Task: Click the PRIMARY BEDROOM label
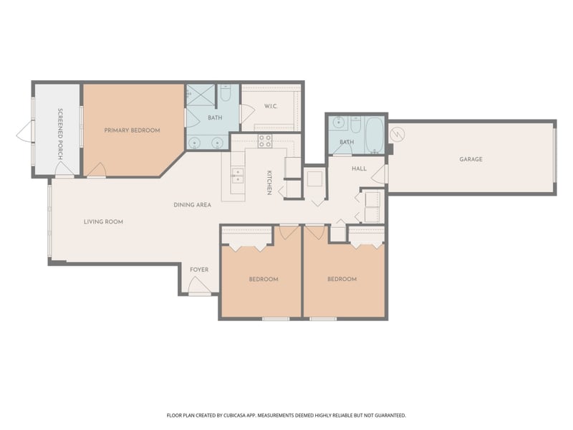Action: [132, 130]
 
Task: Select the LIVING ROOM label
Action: [103, 222]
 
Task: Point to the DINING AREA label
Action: [192, 206]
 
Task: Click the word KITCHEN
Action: [269, 183]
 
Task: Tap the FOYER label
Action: [199, 270]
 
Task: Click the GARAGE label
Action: [471, 159]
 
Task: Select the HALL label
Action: [359, 169]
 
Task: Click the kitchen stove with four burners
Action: [265, 141]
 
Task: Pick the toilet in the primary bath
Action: [225, 94]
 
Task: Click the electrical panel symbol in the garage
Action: [397, 134]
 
